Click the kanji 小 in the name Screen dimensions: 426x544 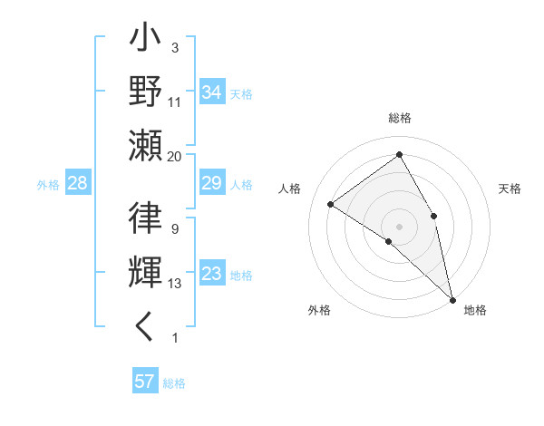146,40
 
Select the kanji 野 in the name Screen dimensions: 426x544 146,93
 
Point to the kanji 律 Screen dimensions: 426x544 146,220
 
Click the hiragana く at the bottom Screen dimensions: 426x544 146,327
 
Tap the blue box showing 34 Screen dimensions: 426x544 212,92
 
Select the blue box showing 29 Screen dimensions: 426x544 212,183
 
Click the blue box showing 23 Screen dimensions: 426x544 212,274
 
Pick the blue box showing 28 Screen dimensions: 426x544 78,183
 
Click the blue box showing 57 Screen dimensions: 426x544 145,382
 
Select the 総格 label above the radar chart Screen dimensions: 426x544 399,119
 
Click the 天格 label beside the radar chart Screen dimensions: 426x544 510,189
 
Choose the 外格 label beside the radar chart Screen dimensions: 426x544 319,310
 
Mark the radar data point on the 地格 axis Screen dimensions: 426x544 452,298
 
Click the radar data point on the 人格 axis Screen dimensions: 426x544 331,204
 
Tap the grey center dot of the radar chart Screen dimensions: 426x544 399,226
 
